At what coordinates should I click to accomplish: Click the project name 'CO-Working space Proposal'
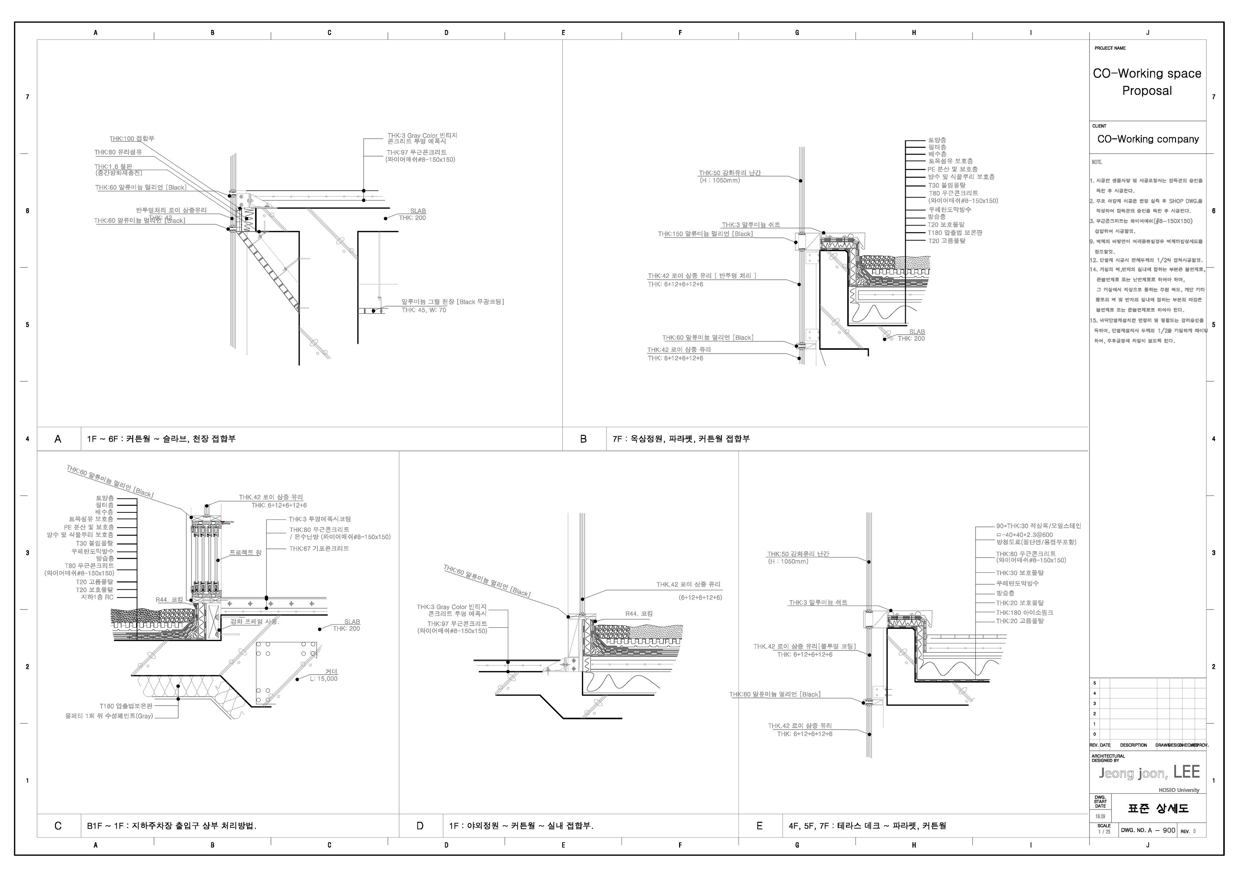coord(1147,82)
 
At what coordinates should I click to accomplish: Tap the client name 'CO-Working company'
coord(1148,139)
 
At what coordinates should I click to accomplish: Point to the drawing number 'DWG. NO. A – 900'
coord(1148,830)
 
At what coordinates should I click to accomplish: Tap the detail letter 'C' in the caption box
coord(58,826)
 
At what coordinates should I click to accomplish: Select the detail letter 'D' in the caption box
coord(420,826)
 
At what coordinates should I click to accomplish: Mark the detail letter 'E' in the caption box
coord(759,826)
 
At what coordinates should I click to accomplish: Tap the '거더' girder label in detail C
coord(331,671)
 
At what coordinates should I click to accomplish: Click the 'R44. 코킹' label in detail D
coord(639,614)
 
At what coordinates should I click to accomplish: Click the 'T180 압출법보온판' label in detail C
coord(126,706)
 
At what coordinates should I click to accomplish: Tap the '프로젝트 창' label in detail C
coord(245,553)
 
